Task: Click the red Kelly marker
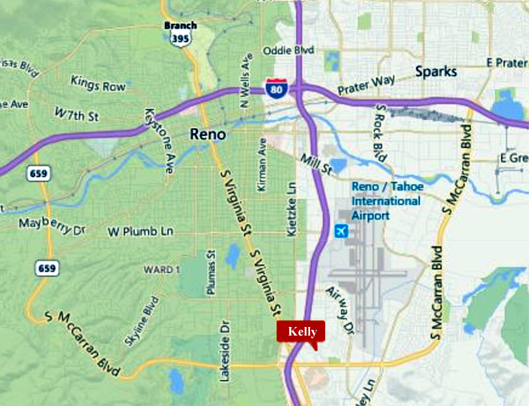pos(301,331)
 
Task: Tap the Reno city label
pos(207,134)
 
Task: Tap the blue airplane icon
pos(340,231)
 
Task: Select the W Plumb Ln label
pos(141,231)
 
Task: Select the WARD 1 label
pos(159,269)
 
